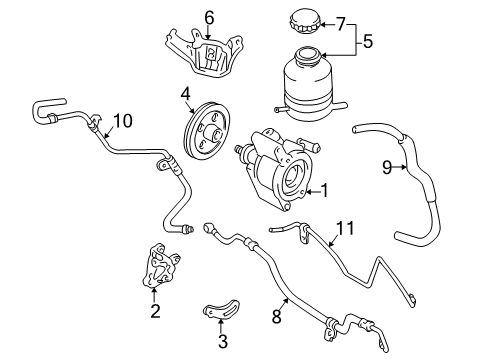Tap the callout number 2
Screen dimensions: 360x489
(x=155, y=311)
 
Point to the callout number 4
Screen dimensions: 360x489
(x=186, y=96)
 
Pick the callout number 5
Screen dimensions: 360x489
(x=366, y=43)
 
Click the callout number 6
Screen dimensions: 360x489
(x=209, y=16)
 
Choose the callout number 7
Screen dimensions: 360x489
(x=340, y=22)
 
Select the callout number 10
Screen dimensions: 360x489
(x=122, y=121)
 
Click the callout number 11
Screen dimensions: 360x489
(x=344, y=229)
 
